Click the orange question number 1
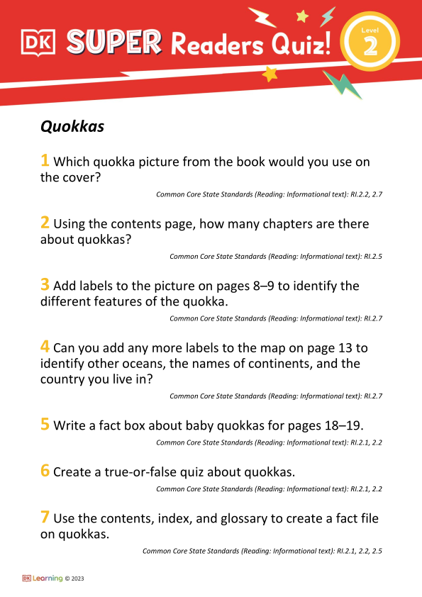coord(45,161)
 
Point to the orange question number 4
coord(45,347)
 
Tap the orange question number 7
coord(45,518)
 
